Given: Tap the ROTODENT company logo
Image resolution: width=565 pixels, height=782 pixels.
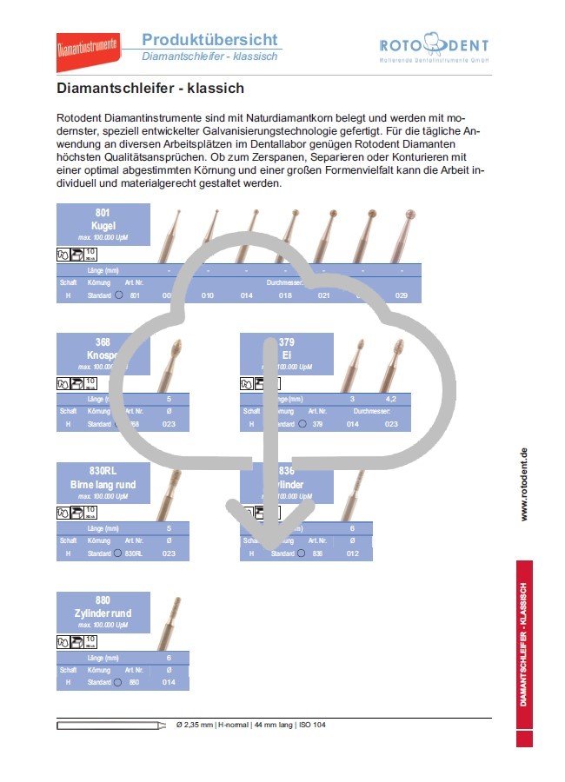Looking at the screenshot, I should pos(434,50).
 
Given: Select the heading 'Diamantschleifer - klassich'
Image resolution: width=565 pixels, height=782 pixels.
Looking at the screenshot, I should pos(150,89).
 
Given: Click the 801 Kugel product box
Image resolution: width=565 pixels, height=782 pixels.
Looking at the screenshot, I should pos(103,224).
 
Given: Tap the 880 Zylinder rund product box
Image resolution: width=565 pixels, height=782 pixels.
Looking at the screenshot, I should pos(103,613).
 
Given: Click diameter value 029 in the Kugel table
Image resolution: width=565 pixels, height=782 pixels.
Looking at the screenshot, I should pos(401,296).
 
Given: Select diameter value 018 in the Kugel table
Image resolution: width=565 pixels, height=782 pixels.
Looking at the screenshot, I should pos(285,296).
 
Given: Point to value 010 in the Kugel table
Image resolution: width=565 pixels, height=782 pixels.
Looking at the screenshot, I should pos(208,296).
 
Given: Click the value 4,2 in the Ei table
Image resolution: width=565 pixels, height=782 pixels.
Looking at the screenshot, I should pos(391,399).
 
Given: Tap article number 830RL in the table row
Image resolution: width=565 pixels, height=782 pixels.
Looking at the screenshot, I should pos(133,553).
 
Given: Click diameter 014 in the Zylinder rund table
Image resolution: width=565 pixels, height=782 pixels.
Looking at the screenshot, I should pos(169,682).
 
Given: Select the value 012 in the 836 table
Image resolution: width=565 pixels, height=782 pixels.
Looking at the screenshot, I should pos(352,553).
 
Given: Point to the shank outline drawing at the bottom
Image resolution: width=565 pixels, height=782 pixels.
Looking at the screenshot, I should pos(111,725).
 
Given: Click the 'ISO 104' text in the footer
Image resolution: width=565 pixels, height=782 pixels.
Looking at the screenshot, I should pos(313,725).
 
